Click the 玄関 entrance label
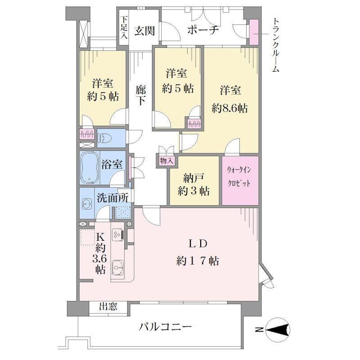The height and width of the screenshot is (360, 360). [x=144, y=31]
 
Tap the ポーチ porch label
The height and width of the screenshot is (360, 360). [x=202, y=30]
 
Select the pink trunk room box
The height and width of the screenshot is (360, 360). [x=254, y=32]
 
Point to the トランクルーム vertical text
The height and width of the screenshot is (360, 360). [x=276, y=45]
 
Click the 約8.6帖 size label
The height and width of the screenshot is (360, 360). [x=229, y=108]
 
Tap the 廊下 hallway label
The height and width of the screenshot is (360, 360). [x=140, y=95]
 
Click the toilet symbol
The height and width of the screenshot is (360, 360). [x=105, y=139]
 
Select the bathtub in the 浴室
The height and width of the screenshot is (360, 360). [x=90, y=167]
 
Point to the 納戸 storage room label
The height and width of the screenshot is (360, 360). [x=193, y=178]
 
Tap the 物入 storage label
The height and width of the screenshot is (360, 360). [x=166, y=161]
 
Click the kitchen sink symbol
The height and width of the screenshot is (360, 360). [x=117, y=267]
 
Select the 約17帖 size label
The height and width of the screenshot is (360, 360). [x=198, y=261]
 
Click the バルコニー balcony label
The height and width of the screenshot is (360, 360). [x=165, y=327]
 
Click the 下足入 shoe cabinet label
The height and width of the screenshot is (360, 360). [x=124, y=27]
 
